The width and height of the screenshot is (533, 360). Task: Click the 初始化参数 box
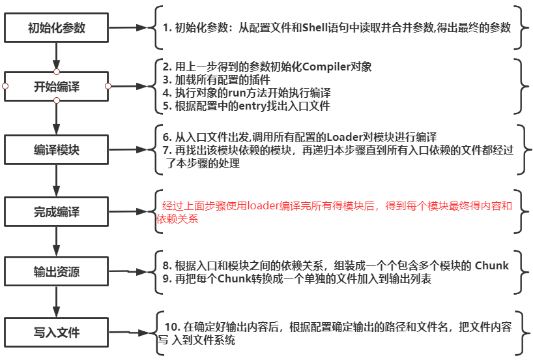(56, 28)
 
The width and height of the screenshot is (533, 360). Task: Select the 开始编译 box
(56, 86)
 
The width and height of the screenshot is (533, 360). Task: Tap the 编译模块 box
(56, 149)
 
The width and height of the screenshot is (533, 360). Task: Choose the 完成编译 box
(56, 212)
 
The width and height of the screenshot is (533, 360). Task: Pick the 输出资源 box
(56, 272)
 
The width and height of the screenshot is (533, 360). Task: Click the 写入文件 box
(56, 333)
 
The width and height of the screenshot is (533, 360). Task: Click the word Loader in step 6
(345, 137)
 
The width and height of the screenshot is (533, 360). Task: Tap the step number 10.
(171, 327)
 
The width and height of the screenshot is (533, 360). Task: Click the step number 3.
(166, 80)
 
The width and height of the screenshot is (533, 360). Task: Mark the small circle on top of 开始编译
(57, 71)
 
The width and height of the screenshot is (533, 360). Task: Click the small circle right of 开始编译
(108, 86)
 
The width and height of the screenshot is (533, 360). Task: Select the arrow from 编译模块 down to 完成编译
(57, 180)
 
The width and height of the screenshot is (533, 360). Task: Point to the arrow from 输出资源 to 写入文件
(57, 303)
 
